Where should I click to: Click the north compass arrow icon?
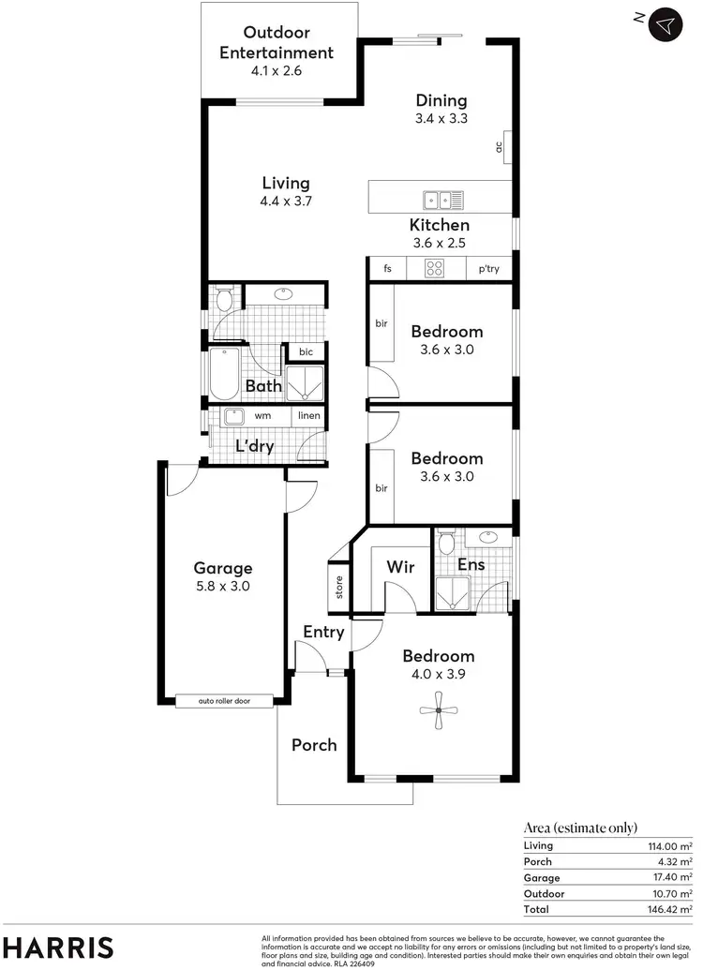point(666,24)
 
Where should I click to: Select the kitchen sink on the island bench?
point(441,199)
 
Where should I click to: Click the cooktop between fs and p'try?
point(435,269)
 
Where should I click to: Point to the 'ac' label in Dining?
point(500,146)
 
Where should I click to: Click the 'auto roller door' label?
point(225,701)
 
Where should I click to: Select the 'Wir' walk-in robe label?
point(401,567)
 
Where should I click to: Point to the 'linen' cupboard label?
point(309,415)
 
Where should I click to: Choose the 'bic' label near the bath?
point(306,352)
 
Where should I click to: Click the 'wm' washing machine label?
point(263,415)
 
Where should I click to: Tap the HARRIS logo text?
point(58,946)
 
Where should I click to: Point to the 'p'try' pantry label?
point(488,269)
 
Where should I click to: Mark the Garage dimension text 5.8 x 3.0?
point(223,586)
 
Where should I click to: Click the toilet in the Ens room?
point(446,544)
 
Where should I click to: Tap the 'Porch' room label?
point(314,745)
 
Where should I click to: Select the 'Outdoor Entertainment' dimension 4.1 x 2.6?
point(277,70)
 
